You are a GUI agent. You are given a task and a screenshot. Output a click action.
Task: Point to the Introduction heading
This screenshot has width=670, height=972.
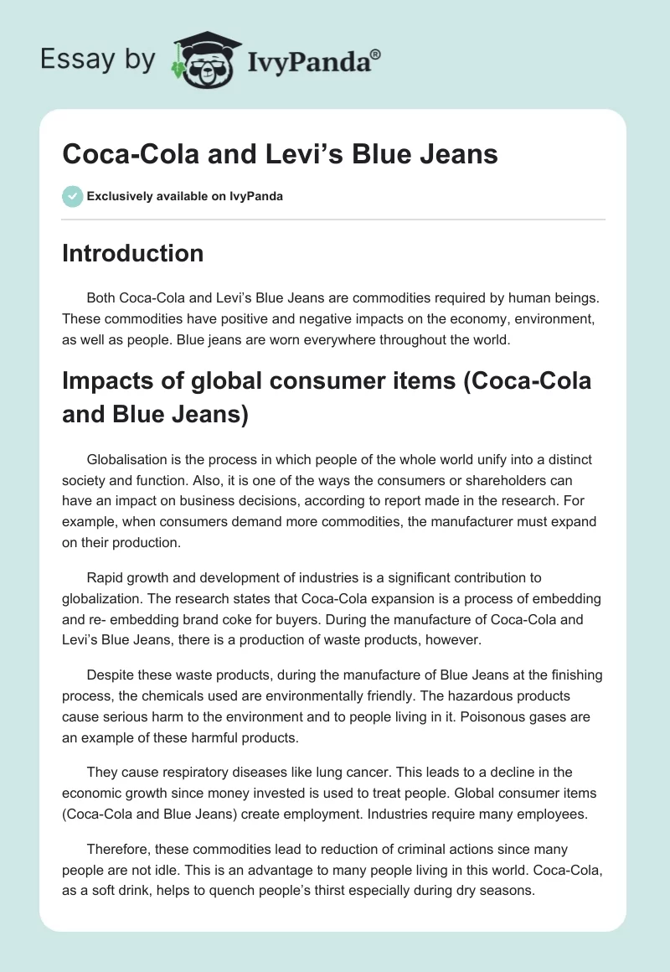point(132,253)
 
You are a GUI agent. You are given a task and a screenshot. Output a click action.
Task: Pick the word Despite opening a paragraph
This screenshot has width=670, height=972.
point(112,675)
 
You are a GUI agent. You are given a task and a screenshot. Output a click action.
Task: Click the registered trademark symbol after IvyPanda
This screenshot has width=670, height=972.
point(376,53)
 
